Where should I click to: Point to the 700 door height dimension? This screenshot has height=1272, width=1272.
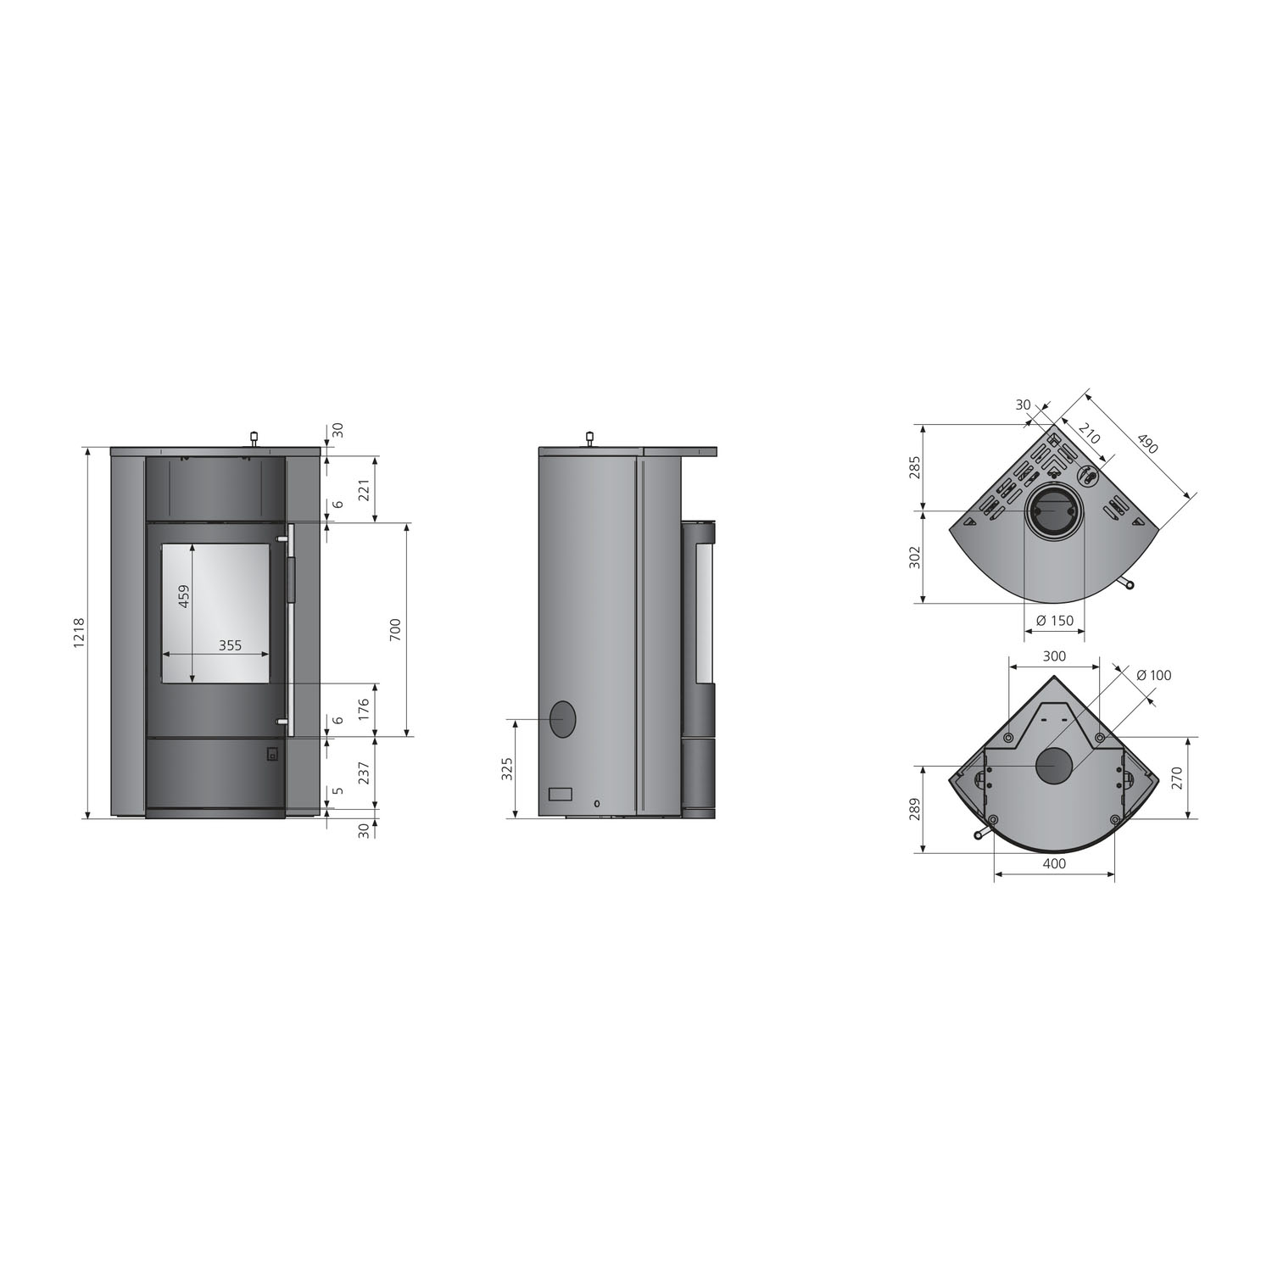395,628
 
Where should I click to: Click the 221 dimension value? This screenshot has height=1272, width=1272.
365,489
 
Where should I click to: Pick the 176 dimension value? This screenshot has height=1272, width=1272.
365,709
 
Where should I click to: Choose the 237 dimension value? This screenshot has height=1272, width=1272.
365,773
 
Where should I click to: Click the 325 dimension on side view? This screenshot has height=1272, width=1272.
506,768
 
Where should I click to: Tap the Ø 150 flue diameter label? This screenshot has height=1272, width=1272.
1054,621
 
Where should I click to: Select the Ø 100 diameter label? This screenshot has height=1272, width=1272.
1152,675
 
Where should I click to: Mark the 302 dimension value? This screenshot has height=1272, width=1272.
914,557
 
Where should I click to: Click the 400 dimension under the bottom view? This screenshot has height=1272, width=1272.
1053,864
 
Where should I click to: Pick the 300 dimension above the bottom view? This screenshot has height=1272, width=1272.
1053,656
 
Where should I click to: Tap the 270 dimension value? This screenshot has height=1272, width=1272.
1200,778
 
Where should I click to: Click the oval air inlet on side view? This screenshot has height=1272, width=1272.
562,719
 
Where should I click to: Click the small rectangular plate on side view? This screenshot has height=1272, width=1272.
561,795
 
